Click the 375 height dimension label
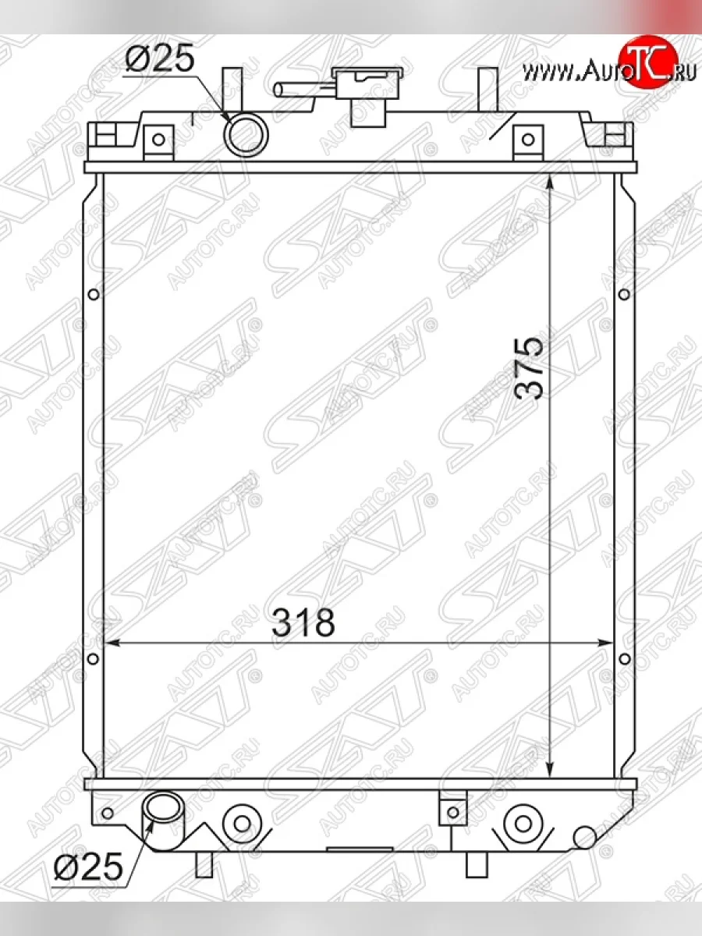pos(530,369)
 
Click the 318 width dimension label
pos(303,622)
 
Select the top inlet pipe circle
pos(246,135)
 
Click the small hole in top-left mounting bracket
pos(158,139)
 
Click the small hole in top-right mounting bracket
pos(529,139)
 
